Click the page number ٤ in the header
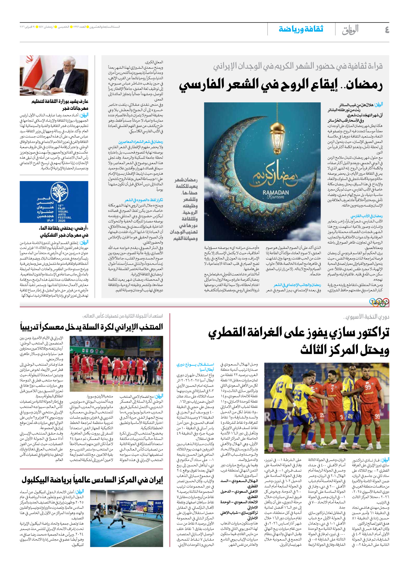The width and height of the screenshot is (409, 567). click(386, 30)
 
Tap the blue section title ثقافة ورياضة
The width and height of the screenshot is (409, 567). click(301, 29)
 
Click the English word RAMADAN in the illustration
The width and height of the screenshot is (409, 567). click(276, 193)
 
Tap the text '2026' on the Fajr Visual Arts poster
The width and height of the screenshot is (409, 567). click(62, 220)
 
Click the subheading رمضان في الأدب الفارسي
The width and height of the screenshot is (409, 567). click(366, 216)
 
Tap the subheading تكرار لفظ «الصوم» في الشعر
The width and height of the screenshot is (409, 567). click(144, 200)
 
